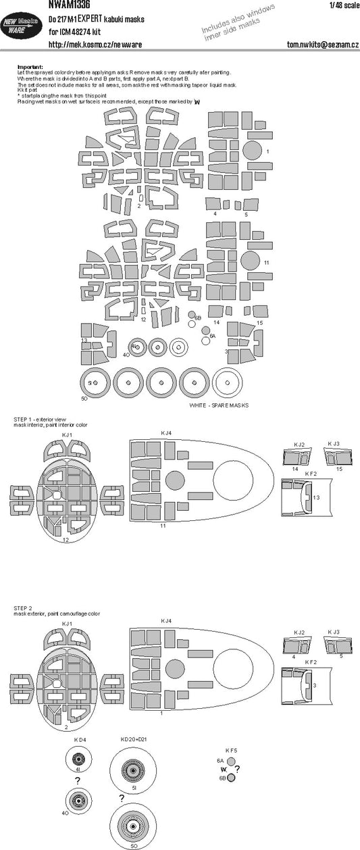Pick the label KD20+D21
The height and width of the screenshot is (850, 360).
[x=134, y=739]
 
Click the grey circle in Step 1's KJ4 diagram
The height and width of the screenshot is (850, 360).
[x=174, y=480]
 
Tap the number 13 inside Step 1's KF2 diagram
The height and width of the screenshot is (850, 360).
[x=315, y=497]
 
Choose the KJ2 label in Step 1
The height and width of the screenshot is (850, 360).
[x=299, y=444]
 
